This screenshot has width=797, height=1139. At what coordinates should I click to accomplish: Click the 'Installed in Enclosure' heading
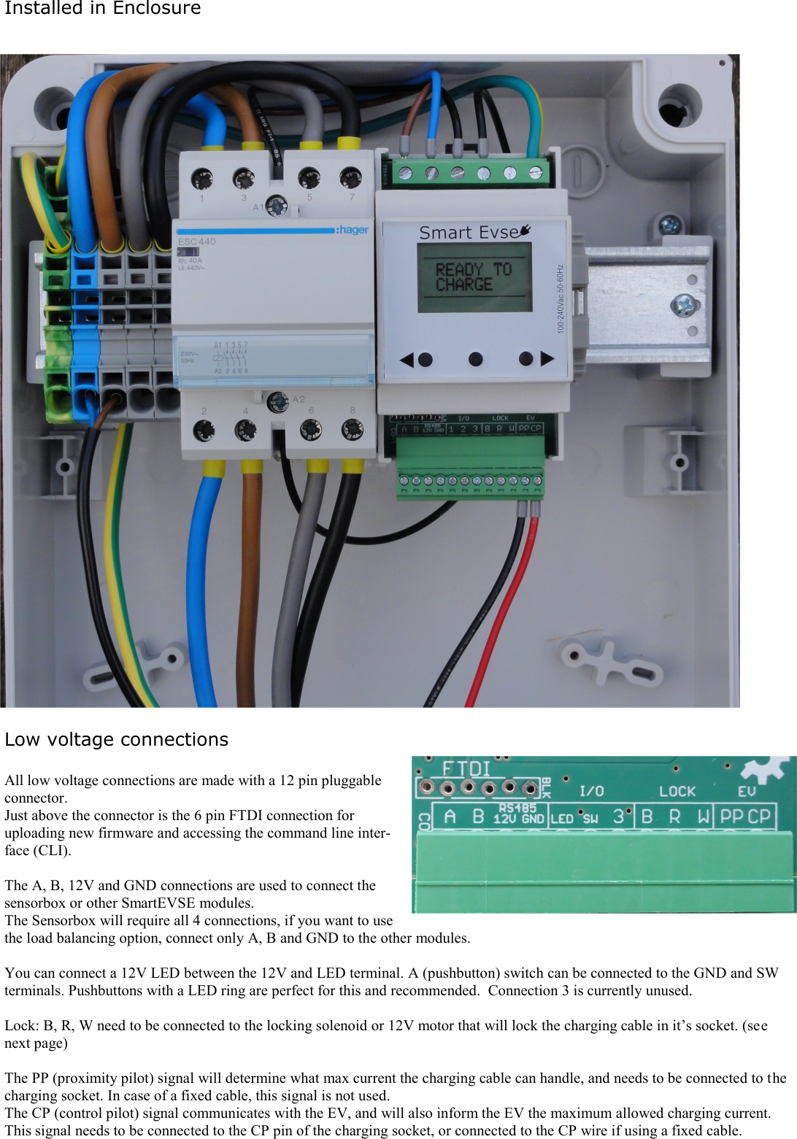pyautogui.click(x=102, y=9)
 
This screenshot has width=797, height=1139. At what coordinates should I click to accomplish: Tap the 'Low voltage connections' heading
pyautogui.click(x=116, y=739)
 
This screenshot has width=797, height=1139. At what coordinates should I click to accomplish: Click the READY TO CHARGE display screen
pyautogui.click(x=474, y=277)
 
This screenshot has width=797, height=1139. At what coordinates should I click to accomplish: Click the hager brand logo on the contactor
pyautogui.click(x=353, y=230)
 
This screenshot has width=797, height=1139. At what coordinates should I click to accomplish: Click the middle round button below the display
pyautogui.click(x=475, y=359)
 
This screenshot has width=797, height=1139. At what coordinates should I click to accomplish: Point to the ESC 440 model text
pyautogui.click(x=197, y=242)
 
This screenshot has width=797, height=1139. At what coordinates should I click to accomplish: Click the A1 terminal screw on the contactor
pyautogui.click(x=277, y=206)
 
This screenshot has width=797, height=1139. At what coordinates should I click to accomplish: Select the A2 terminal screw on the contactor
pyautogui.click(x=277, y=401)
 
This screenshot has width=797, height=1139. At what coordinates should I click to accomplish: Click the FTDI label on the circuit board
pyautogui.click(x=467, y=769)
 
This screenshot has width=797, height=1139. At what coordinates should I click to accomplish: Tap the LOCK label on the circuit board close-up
pyautogui.click(x=677, y=791)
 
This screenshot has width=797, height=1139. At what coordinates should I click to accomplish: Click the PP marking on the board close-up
pyautogui.click(x=731, y=816)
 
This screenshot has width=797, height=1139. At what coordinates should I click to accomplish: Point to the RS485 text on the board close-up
pyautogui.click(x=517, y=808)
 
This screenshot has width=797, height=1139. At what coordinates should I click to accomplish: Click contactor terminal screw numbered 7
pyautogui.click(x=350, y=177)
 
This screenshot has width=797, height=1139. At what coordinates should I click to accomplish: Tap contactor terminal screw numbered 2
pyautogui.click(x=204, y=431)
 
